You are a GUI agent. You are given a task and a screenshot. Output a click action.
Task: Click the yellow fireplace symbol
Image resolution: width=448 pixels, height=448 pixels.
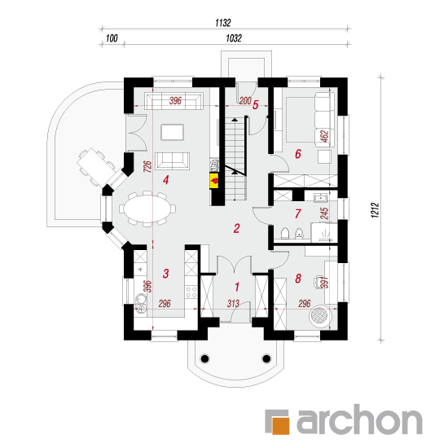click(x=214, y=181)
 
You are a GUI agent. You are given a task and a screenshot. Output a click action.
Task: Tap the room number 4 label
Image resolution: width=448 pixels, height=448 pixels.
click(x=165, y=180)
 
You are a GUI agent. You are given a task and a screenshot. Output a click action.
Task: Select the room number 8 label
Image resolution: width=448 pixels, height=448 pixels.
click(x=298, y=278)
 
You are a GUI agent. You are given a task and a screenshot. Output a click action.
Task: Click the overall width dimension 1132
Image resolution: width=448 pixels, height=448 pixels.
click(x=223, y=23)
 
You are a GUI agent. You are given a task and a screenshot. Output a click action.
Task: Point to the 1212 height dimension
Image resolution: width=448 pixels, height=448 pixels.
click(x=376, y=211)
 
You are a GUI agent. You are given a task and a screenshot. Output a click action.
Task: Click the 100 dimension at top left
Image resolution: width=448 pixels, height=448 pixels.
click(x=112, y=38)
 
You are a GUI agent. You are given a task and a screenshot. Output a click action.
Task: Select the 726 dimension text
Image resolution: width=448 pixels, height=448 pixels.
click(x=147, y=166)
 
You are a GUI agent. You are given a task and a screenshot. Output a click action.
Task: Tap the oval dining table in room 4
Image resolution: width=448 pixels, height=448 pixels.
click(x=147, y=209)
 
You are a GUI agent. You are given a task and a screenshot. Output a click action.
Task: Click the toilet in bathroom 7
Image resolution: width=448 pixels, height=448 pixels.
click(x=285, y=233)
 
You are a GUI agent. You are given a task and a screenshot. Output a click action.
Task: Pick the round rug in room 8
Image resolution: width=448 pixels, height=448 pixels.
click(x=319, y=317)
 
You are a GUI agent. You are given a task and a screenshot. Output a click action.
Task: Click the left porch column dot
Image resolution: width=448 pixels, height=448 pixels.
click(x=205, y=358)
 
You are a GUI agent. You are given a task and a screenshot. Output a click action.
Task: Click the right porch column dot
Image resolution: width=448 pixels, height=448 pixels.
click(x=266, y=358)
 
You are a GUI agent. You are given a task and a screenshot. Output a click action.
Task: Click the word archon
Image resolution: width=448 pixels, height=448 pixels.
click(x=359, y=420)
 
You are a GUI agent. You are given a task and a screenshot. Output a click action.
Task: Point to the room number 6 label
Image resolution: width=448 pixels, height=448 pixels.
click(x=298, y=154)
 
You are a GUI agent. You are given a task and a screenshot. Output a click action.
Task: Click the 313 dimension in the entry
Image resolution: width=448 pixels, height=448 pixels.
click(x=233, y=304)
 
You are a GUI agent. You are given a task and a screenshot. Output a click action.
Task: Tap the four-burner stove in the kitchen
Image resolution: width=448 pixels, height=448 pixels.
click(x=191, y=292)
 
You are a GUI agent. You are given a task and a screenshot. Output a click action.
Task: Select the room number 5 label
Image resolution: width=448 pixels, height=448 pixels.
click(x=256, y=105)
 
